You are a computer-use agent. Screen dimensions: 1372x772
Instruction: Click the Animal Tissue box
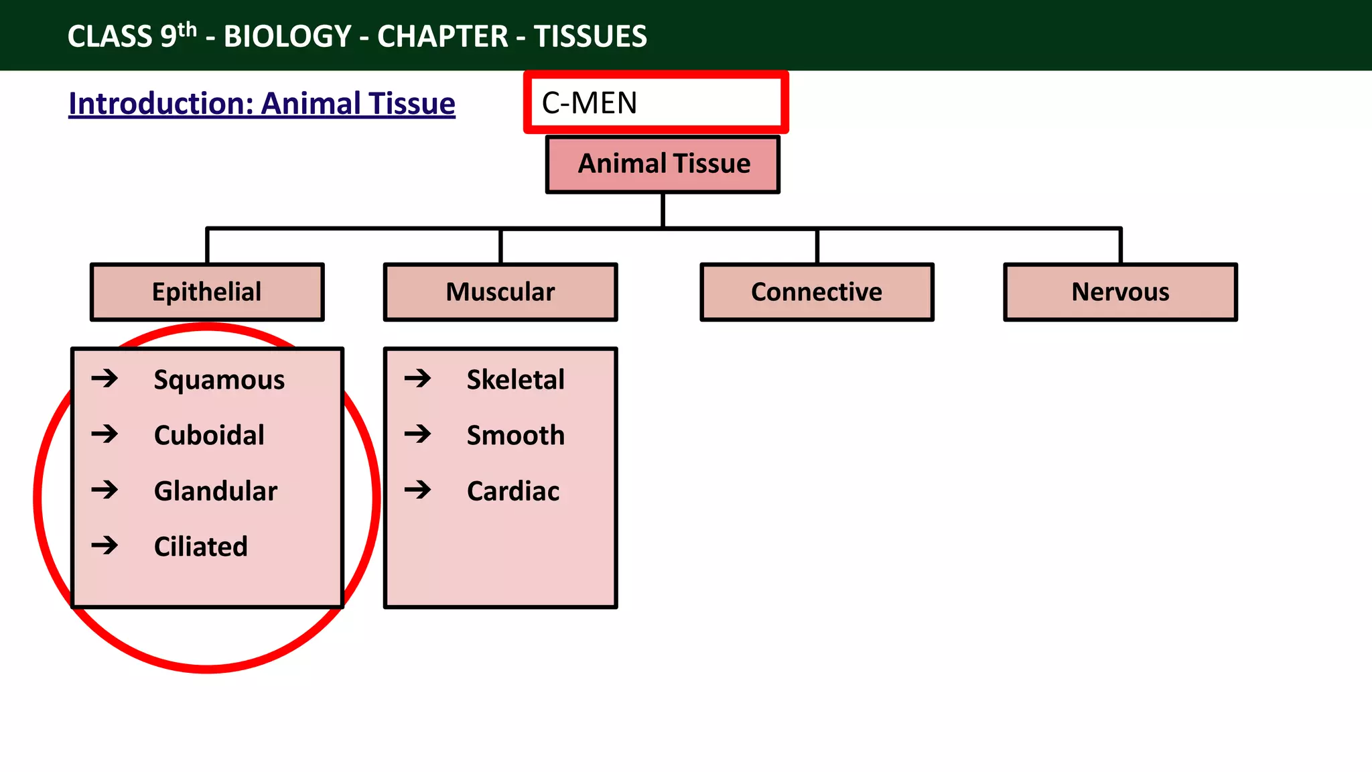[x=663, y=164]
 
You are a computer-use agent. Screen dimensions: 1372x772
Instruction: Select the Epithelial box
[x=207, y=292]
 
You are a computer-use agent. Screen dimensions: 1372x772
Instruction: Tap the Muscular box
[x=500, y=292]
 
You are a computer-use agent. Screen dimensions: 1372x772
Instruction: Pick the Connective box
[x=817, y=292]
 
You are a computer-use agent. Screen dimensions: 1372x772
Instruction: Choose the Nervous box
[x=1120, y=292]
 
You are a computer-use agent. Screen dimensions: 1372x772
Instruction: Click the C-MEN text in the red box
[x=590, y=103]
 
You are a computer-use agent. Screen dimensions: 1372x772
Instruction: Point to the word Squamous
[x=219, y=380]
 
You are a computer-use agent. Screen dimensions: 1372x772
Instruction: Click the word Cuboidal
[x=209, y=436]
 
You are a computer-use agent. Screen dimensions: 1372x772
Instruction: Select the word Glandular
[x=216, y=491]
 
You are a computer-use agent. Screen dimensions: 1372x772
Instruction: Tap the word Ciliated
[x=201, y=547]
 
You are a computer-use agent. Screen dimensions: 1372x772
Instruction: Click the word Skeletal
[x=515, y=380]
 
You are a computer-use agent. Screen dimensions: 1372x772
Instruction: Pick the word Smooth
[x=515, y=436]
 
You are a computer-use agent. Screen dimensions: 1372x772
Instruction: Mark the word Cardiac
[x=513, y=491]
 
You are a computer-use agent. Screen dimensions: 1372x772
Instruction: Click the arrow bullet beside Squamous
[x=105, y=379]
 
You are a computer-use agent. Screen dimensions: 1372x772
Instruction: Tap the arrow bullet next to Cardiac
[x=417, y=490]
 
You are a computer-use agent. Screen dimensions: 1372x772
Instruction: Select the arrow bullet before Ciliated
[x=105, y=545]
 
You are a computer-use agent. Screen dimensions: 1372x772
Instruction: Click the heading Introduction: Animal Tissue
[x=262, y=104]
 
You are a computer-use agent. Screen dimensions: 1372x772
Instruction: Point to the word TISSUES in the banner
[x=590, y=36]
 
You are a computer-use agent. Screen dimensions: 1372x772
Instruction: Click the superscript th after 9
[x=188, y=29]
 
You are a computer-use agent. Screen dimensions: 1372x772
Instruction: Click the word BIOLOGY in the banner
[x=287, y=36]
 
